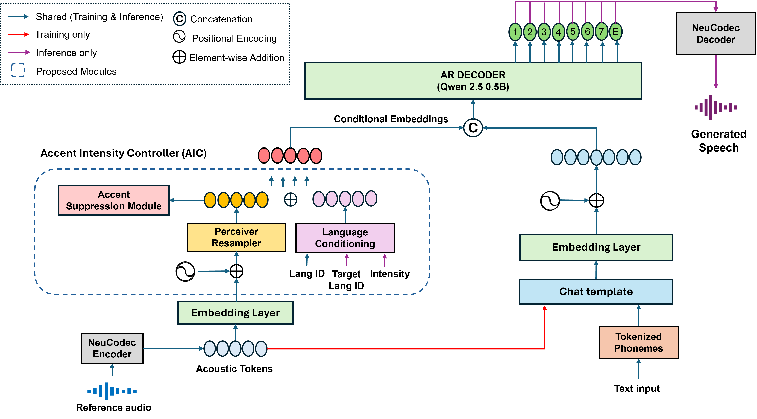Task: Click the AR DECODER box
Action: pos(473,81)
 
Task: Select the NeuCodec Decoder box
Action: pos(716,34)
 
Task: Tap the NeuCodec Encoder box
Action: pos(112,348)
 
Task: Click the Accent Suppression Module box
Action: pos(114,200)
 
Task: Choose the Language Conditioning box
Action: pos(345,238)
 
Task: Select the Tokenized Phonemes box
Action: pos(639,342)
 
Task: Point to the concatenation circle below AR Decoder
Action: pos(473,128)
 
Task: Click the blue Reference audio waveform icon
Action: pos(112,391)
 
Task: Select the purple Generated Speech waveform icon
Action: pos(716,107)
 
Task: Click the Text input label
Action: pos(637,388)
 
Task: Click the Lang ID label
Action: pos(307,273)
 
